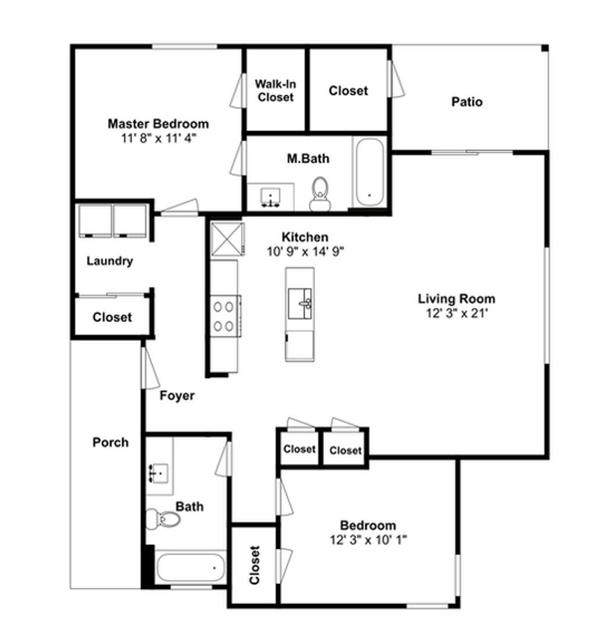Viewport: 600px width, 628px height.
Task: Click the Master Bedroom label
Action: click(158, 124)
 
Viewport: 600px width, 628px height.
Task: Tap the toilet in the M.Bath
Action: click(320, 194)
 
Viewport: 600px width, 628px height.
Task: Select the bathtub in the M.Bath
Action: click(370, 172)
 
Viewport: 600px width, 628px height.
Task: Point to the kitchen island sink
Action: click(300, 304)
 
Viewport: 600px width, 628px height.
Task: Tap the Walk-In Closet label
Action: click(276, 91)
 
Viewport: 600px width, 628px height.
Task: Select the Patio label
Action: click(467, 102)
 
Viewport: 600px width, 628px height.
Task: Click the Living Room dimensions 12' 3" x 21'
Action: click(457, 313)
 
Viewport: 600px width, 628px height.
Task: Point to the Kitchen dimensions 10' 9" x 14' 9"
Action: click(306, 252)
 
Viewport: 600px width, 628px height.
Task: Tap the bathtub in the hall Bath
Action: click(191, 567)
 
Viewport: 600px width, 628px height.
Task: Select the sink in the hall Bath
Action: click(159, 473)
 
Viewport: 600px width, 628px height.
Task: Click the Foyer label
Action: click(177, 396)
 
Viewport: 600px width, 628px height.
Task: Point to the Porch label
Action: click(110, 442)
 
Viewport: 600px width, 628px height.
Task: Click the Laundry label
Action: click(110, 261)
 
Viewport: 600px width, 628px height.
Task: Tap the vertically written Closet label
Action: click(254, 565)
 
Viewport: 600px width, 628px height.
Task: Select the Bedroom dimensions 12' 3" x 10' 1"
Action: click(368, 540)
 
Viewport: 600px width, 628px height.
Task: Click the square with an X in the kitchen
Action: click(227, 239)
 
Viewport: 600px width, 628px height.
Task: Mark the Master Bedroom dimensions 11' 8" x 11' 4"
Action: click(159, 138)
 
